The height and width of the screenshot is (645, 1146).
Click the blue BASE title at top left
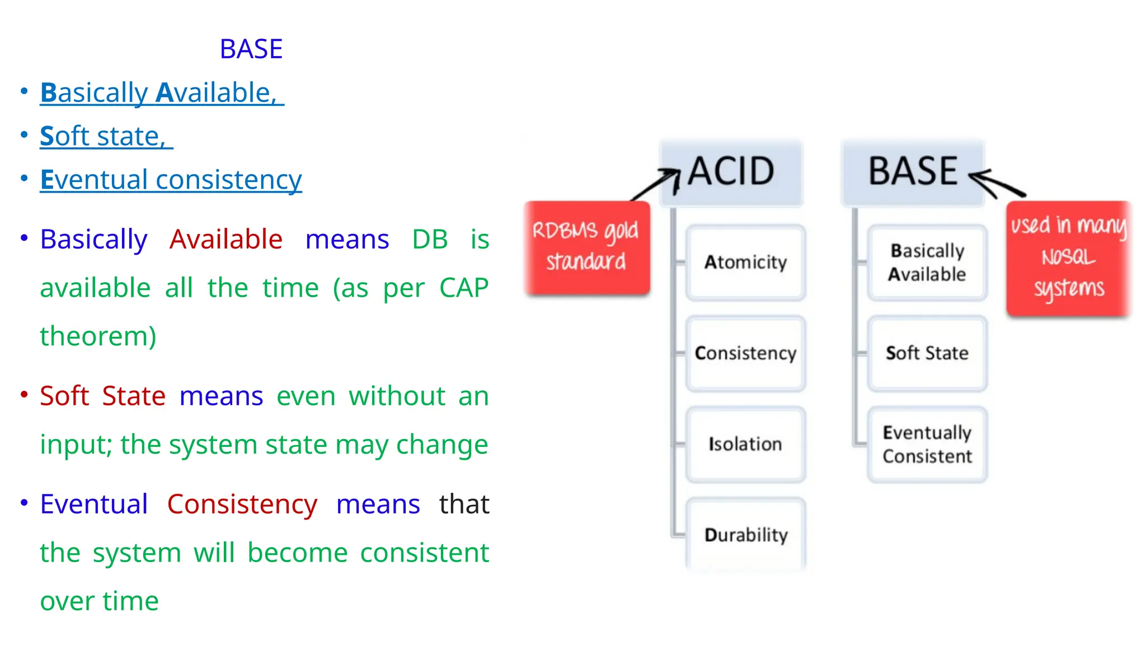point(251,49)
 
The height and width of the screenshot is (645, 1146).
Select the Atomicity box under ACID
point(745,263)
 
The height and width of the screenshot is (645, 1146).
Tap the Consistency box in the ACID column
point(745,353)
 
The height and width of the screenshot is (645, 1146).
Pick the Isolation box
point(745,444)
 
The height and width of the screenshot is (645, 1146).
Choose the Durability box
point(745,535)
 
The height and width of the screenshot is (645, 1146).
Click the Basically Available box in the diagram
point(927,263)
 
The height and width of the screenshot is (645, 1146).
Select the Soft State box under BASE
point(927,353)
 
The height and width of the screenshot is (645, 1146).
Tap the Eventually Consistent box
point(927,444)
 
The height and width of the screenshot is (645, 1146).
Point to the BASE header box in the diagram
point(912,171)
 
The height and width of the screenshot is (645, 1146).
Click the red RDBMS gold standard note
point(586,247)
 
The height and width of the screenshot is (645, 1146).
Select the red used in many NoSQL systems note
point(1068,258)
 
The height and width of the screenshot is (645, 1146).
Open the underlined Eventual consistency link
point(171,180)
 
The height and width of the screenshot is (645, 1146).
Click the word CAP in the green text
point(463,288)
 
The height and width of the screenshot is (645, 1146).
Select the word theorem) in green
point(98,336)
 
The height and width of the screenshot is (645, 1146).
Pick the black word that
point(464,504)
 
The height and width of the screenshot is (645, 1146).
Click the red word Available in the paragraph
point(226,240)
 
